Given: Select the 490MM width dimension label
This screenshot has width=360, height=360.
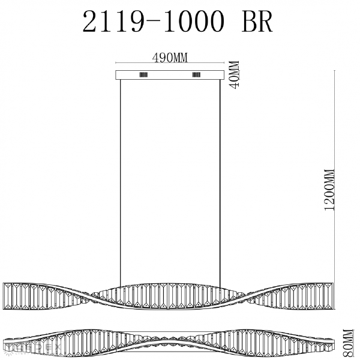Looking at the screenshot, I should click(170, 58).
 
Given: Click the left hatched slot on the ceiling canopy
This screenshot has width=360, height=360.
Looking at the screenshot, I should click(145, 75).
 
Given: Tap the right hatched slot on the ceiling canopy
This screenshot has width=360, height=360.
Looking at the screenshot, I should click(196, 75).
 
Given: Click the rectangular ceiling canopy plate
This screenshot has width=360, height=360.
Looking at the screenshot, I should click(170, 75).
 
